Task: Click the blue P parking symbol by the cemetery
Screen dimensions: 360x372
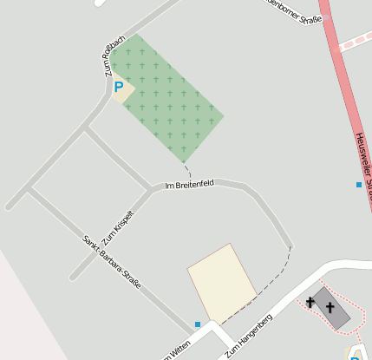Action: [118, 87]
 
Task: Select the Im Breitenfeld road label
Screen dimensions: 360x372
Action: [189, 184]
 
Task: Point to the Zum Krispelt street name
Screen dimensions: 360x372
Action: [118, 227]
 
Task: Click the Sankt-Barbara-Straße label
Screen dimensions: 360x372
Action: [112, 261]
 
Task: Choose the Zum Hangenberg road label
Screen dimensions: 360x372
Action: [250, 336]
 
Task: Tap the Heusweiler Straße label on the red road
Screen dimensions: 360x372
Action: [363, 160]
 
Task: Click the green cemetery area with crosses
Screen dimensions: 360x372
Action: [169, 100]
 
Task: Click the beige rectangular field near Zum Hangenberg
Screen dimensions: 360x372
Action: [222, 282]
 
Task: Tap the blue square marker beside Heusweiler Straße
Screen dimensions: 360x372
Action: [359, 185]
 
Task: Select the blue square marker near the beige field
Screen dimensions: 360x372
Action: [198, 324]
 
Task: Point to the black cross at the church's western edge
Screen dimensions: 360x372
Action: [310, 302]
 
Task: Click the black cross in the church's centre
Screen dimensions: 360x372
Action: [330, 306]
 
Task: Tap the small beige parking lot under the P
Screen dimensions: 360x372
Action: [122, 90]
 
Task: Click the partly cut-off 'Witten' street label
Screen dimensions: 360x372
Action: [174, 350]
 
